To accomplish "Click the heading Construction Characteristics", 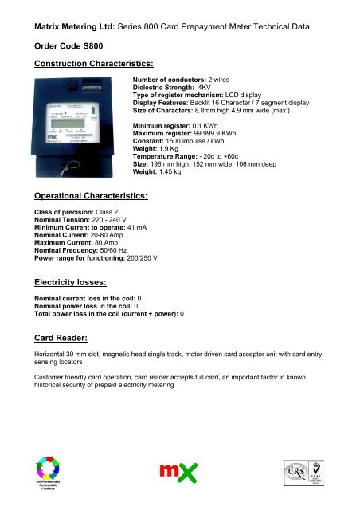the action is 82,63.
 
